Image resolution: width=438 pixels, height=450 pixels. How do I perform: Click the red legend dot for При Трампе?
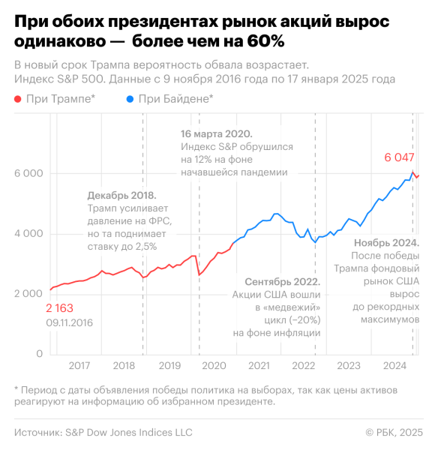18,98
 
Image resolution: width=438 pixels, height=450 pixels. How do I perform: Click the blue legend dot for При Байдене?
132,98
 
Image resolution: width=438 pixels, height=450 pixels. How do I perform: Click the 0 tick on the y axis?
38,353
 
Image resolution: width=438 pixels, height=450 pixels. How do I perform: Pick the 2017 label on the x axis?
79,366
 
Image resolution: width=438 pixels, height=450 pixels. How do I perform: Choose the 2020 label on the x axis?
214,366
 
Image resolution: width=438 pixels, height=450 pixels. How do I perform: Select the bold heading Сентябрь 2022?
277,283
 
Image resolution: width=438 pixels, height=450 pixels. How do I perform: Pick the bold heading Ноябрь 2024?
385,242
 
